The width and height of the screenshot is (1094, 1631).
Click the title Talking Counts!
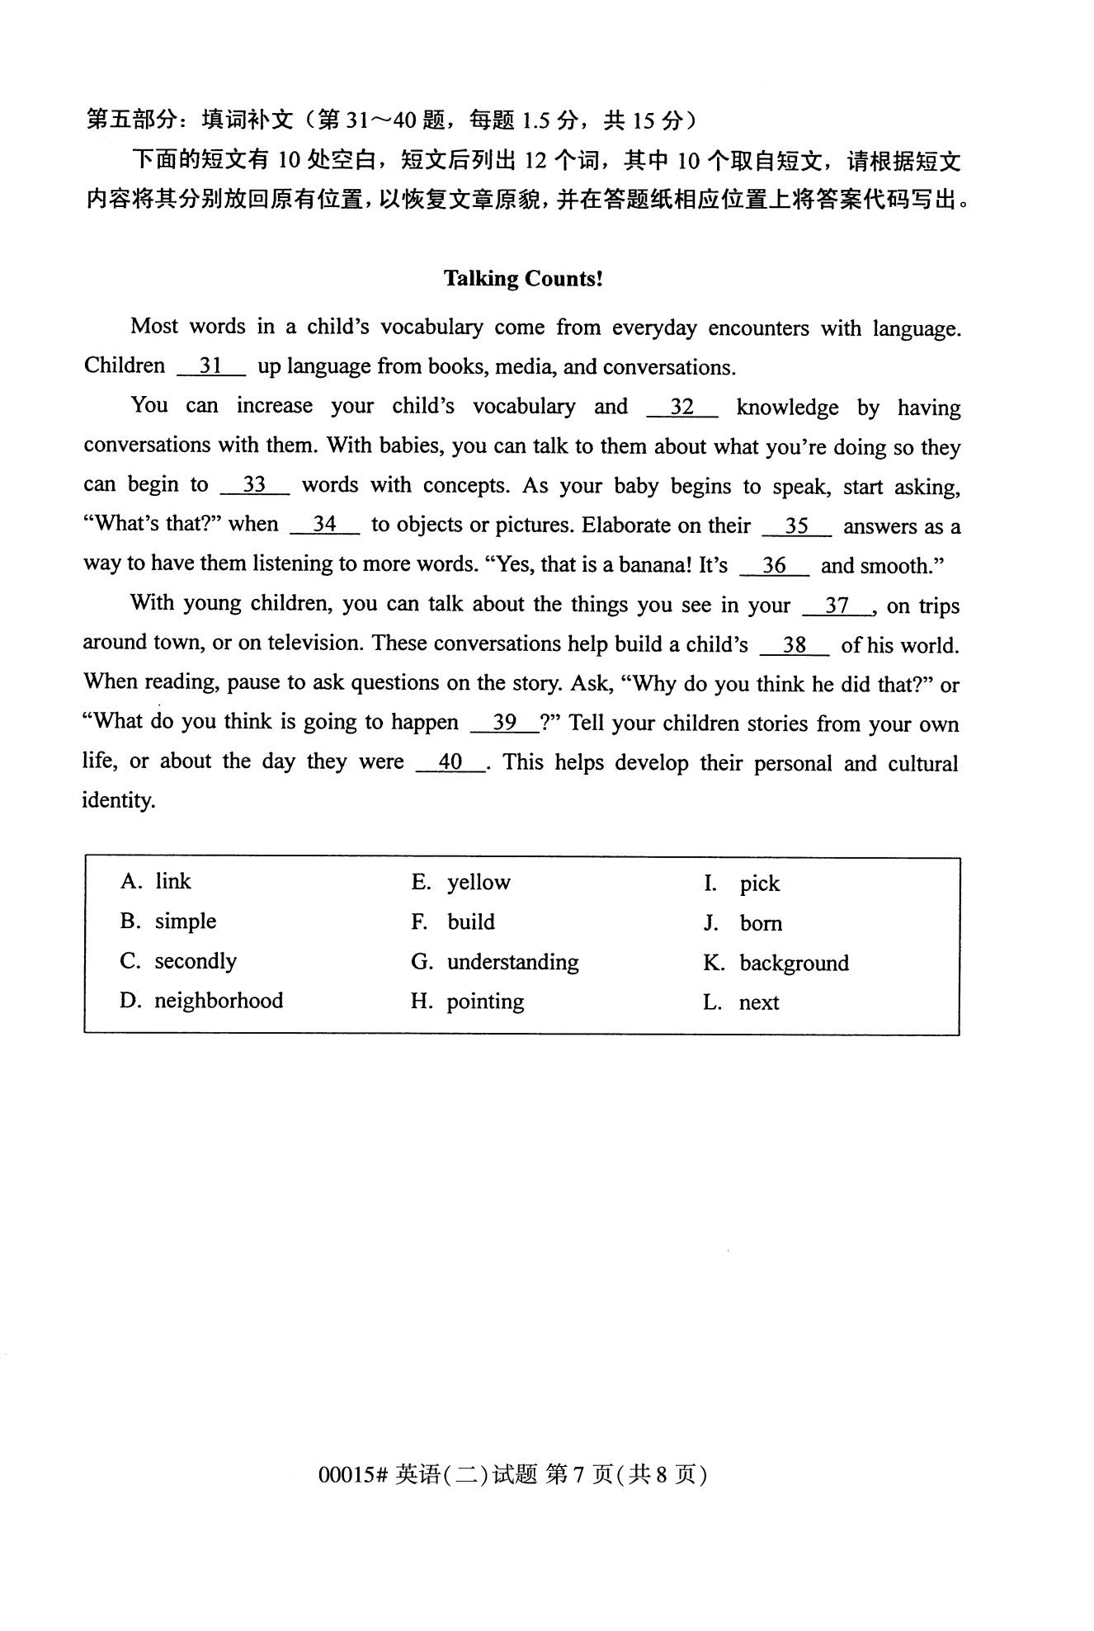(523, 279)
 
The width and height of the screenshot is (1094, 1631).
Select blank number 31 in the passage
(211, 366)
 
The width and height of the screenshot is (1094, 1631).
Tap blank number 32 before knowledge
(681, 407)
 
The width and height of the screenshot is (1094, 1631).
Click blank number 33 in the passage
(254, 485)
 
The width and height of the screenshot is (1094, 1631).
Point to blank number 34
(325, 525)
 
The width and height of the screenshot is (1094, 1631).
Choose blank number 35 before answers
(796, 526)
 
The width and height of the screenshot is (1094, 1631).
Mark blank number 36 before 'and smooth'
(774, 566)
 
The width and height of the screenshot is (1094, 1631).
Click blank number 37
(837, 606)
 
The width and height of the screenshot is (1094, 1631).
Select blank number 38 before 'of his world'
(794, 645)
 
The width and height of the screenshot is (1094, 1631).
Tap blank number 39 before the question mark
(504, 724)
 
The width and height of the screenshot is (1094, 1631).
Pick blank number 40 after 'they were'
(450, 762)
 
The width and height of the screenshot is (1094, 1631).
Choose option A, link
(156, 882)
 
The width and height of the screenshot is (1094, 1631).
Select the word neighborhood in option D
(219, 1001)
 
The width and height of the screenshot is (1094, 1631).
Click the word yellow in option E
(479, 883)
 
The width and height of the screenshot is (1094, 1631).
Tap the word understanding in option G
(512, 962)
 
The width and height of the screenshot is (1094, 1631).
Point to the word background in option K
(794, 963)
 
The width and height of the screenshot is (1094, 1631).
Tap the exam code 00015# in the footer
(352, 1474)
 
